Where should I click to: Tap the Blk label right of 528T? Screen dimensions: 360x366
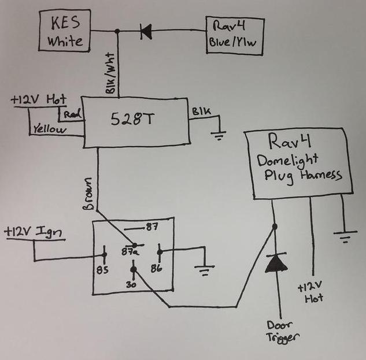pyautogui.click(x=197, y=110)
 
